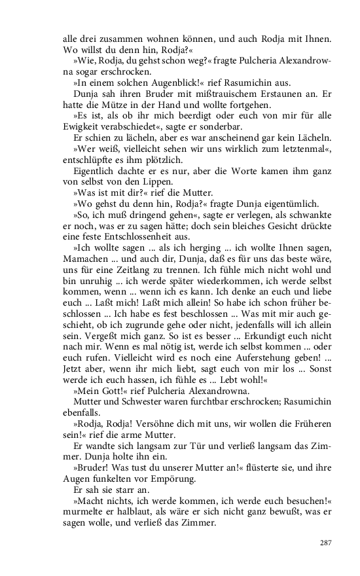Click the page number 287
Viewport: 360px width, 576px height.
(x=325, y=542)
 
